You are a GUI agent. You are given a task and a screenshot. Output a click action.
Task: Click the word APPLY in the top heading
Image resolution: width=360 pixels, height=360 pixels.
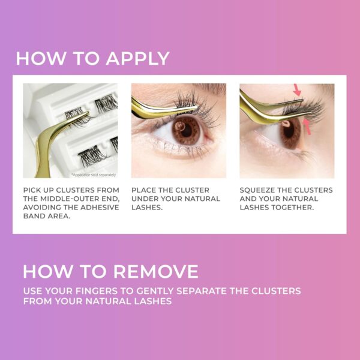click(x=137, y=59)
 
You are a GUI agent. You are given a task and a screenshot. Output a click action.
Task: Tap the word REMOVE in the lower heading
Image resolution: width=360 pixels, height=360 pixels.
click(x=156, y=271)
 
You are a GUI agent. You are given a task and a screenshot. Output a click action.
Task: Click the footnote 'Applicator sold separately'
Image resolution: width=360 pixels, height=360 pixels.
click(x=93, y=175)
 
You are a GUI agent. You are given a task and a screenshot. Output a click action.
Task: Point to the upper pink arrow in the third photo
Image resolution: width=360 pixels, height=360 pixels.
click(x=297, y=90)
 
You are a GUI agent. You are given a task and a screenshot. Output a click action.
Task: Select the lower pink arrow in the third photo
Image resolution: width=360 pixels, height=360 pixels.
click(x=307, y=127)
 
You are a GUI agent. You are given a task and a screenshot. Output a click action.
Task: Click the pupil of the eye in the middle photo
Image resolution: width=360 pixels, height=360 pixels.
click(x=186, y=131)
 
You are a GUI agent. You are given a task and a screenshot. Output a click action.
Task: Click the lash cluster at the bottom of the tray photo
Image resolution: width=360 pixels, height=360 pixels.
click(x=92, y=155)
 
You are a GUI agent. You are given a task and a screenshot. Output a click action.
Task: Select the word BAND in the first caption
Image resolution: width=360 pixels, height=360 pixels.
click(x=33, y=216)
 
